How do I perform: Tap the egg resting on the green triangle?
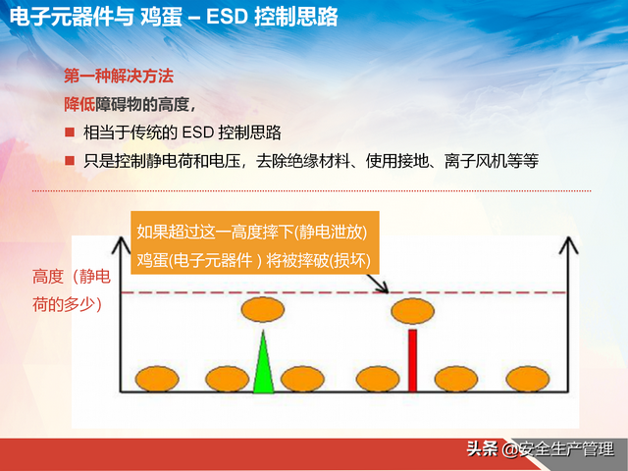click(x=263, y=312)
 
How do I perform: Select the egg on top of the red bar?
click(x=412, y=312)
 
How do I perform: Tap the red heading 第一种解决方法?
click(x=119, y=76)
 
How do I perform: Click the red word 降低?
click(x=79, y=104)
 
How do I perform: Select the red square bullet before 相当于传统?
click(x=70, y=132)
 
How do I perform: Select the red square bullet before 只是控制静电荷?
click(x=70, y=160)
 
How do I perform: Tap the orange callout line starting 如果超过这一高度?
click(x=251, y=233)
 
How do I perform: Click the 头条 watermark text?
click(x=481, y=449)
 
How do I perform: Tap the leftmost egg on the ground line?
click(x=156, y=377)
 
